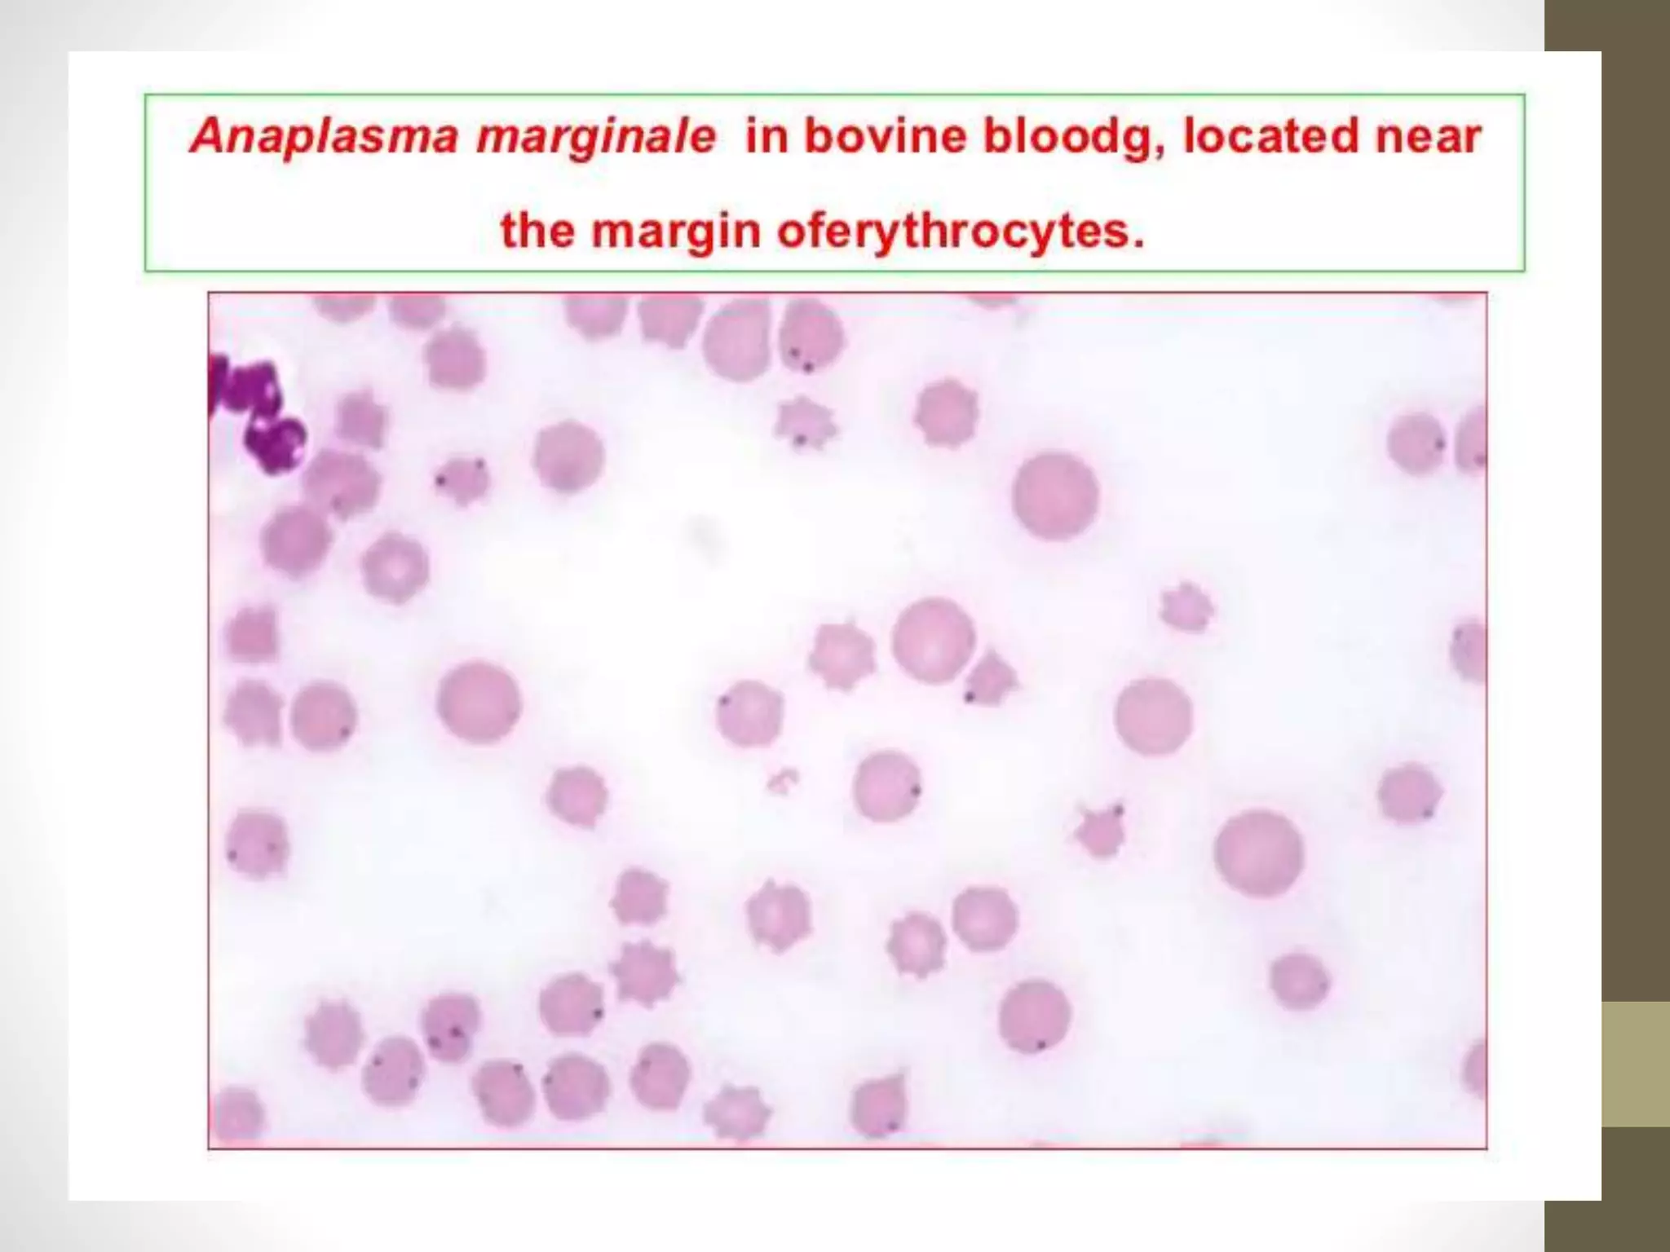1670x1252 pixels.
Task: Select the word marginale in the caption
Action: [x=595, y=136]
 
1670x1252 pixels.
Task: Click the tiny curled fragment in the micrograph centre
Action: [x=782, y=782]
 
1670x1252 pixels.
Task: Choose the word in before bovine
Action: [x=767, y=136]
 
